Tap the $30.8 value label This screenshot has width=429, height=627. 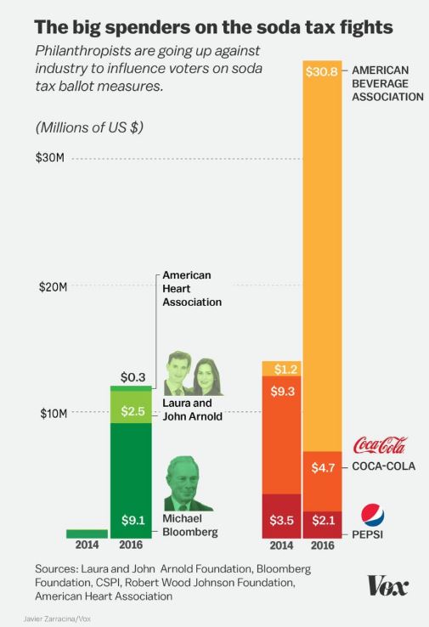point(322,72)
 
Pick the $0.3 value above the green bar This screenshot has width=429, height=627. point(131,376)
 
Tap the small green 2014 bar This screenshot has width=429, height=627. point(87,533)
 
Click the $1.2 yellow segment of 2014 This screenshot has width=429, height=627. point(281,369)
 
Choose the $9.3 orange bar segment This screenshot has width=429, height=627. point(281,434)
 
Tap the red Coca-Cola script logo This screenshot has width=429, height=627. point(379,445)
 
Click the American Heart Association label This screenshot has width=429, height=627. point(192,289)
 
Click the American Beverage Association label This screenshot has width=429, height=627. point(387,83)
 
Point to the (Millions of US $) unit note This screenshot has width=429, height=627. point(89,128)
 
